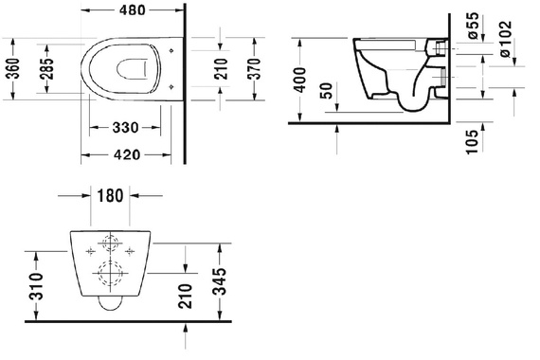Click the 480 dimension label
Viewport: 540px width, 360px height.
pos(133,10)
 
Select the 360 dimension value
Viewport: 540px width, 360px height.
pos(14,68)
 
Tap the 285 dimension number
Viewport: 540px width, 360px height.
pos(47,68)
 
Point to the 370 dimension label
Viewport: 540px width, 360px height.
pos(255,69)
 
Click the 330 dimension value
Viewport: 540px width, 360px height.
pos(125,128)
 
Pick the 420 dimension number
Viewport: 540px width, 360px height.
pos(127,154)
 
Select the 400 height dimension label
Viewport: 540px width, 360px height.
pos(300,81)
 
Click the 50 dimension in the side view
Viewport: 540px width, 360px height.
pos(327,91)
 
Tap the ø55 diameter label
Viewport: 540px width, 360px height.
pos(473,26)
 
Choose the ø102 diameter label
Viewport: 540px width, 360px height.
pos(506,40)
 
